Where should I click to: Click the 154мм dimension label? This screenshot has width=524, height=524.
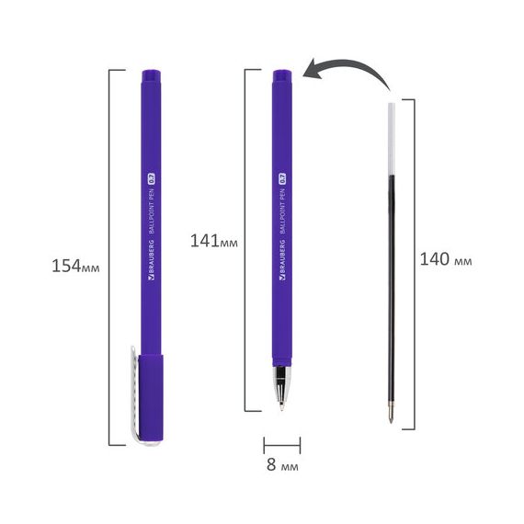pos(75,266)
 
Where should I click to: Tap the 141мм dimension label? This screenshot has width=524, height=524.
pos(214,241)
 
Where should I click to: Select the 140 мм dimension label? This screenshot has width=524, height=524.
pos(446,259)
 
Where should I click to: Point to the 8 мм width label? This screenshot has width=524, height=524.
pos(282,464)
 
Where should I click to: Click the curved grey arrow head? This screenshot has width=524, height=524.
pos(313,69)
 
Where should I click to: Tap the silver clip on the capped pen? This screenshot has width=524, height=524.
pos(134,394)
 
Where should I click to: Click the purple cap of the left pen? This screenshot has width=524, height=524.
pos(151,398)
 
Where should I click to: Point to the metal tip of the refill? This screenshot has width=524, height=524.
pos(391,414)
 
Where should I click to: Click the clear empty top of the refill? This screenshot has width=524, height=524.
pos(392,139)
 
